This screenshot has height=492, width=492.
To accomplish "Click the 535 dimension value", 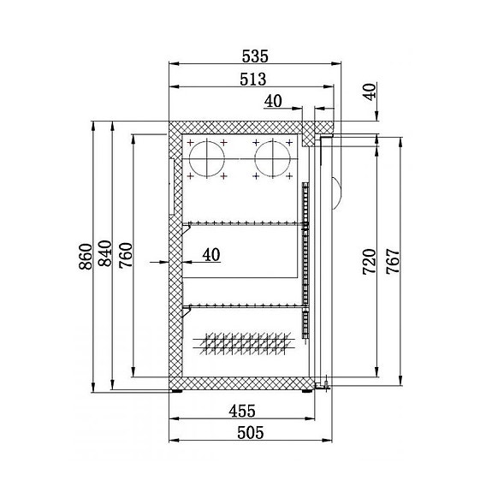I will tap(255, 56).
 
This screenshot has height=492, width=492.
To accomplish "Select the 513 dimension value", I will tap(254, 80).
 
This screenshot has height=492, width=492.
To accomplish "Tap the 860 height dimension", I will tap(85, 256).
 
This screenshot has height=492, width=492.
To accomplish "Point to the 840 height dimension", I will tap(105, 256).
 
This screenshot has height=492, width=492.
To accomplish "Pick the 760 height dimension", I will tap(126, 256).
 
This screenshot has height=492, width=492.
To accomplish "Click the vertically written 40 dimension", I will tap(369, 92).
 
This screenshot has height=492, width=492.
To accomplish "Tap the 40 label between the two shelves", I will tap(210, 254).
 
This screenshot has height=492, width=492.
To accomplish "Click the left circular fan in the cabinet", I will tap(206, 159).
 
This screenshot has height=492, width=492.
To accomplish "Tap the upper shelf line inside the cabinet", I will tap(244, 224).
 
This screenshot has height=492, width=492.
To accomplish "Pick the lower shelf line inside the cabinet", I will tap(244, 305).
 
